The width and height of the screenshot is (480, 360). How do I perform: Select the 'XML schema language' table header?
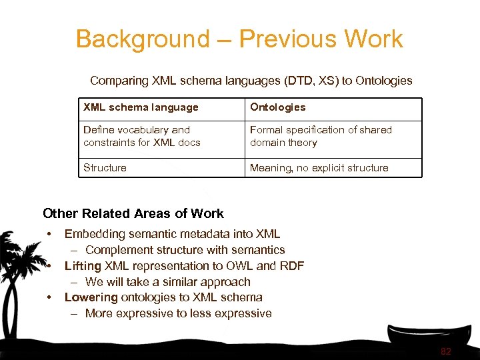click(141, 107)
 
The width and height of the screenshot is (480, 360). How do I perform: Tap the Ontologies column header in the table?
click(277, 107)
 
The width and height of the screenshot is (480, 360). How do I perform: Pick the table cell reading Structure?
click(105, 168)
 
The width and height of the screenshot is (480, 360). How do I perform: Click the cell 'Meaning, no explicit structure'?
click(319, 168)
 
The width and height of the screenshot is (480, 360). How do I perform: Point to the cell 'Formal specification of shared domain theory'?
click(321, 136)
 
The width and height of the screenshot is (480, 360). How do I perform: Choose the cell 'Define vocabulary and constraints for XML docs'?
click(142, 136)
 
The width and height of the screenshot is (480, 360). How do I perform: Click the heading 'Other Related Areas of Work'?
click(133, 214)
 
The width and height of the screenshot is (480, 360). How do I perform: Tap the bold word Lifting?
click(83, 266)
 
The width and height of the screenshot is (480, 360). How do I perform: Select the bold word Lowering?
click(91, 297)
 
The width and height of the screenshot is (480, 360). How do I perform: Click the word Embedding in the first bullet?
click(94, 234)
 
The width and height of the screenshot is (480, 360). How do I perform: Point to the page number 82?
click(446, 352)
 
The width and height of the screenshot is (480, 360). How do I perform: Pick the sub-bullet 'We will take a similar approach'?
click(167, 282)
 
